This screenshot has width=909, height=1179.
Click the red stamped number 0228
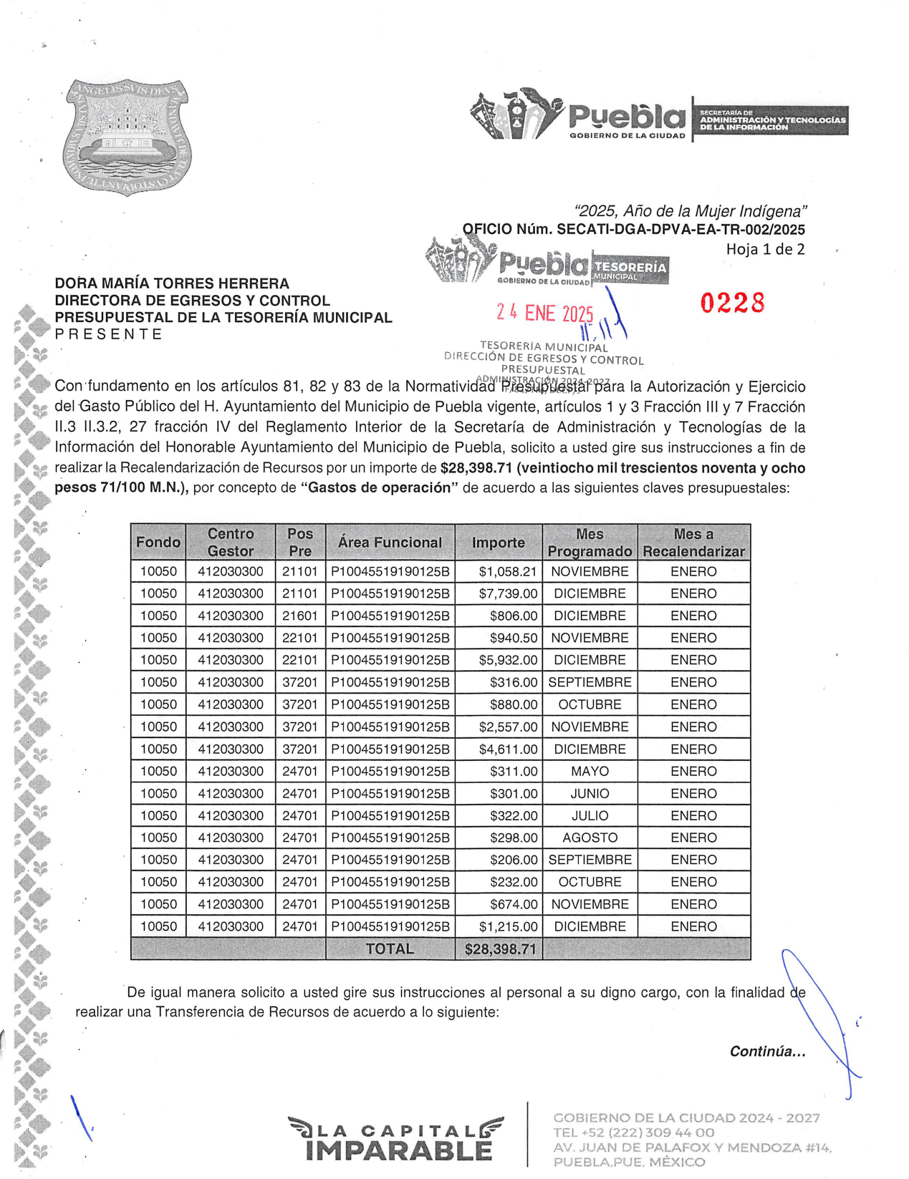(732, 303)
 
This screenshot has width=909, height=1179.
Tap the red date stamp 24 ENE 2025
(545, 313)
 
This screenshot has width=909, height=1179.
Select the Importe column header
(498, 543)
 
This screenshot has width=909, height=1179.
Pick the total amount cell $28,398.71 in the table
(500, 949)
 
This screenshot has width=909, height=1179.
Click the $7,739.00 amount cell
(508, 593)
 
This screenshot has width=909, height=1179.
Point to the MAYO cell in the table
(590, 771)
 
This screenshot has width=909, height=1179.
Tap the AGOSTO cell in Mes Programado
(590, 838)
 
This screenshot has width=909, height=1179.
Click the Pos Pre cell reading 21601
(299, 616)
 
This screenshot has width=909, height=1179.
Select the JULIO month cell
(590, 815)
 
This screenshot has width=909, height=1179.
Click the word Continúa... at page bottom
(767, 1051)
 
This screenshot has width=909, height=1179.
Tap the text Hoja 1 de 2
(765, 249)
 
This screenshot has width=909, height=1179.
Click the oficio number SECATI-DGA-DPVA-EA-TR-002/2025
(680, 230)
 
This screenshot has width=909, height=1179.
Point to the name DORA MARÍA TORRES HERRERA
(172, 283)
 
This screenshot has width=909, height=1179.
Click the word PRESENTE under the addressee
(109, 334)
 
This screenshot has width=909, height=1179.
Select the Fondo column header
(158, 543)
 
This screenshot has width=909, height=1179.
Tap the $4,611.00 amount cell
(508, 749)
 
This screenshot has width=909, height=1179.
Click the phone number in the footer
(633, 1132)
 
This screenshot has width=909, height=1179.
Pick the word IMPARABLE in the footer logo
(398, 1150)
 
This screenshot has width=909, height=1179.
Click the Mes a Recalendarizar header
(693, 543)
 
